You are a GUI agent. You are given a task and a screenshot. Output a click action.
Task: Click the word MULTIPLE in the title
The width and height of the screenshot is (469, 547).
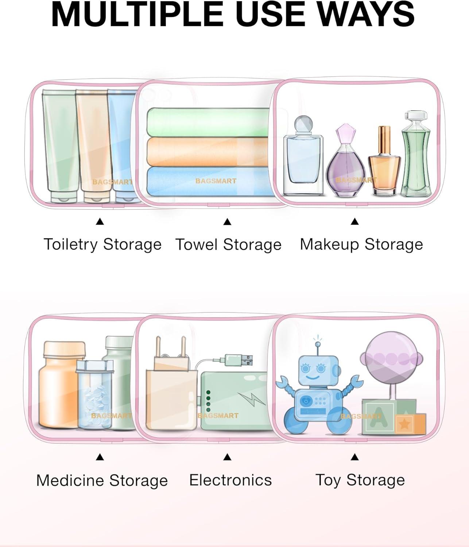click(137, 14)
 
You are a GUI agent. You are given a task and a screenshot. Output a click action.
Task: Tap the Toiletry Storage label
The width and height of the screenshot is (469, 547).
click(102, 244)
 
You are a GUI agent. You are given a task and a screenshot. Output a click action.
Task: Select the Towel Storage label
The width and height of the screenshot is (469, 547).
click(228, 244)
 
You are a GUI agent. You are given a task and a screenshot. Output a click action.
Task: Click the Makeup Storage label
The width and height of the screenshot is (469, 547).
click(361, 244)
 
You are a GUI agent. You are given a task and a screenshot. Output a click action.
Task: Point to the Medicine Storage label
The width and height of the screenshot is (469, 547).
click(102, 480)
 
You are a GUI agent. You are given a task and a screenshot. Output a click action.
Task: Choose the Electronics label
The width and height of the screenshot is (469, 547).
click(230, 480)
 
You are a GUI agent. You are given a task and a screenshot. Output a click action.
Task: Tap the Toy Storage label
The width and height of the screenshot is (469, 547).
click(360, 480)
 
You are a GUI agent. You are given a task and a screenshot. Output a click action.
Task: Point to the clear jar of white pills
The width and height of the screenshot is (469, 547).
click(94, 394)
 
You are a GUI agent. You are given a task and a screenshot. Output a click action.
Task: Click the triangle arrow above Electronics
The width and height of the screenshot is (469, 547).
click(227, 457)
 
